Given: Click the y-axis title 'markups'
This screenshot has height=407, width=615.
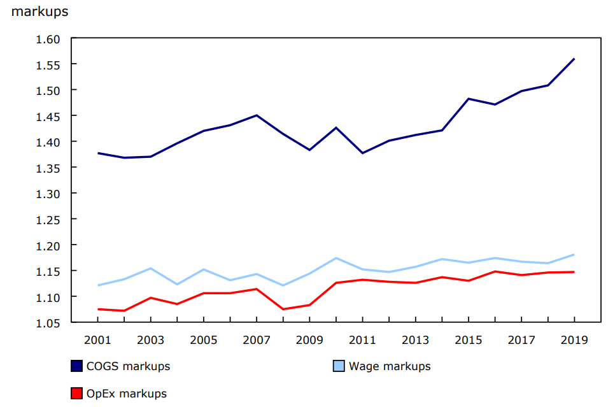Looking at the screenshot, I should pos(39,11).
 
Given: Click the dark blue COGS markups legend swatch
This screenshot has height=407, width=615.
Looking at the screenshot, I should pos(76,366).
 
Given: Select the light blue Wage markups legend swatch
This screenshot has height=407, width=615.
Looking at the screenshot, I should pos(339,366).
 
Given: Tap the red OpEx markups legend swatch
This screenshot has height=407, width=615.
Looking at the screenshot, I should pos(76,394).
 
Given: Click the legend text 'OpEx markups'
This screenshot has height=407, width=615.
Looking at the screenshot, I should pos(127,394).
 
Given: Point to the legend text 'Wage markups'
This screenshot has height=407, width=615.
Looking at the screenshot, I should pos(390,366).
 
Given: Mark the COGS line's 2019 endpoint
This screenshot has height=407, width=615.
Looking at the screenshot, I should pos(574,59).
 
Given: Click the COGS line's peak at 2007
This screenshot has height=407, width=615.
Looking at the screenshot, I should pos(257,115).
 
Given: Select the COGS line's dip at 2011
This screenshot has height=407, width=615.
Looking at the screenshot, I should pos(362,153).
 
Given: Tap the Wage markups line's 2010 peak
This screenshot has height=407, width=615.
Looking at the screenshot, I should pos(336,258).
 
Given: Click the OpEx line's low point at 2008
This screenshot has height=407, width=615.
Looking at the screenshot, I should pos(283,309).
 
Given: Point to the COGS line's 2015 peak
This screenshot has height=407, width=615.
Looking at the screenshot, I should pos(469,99).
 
